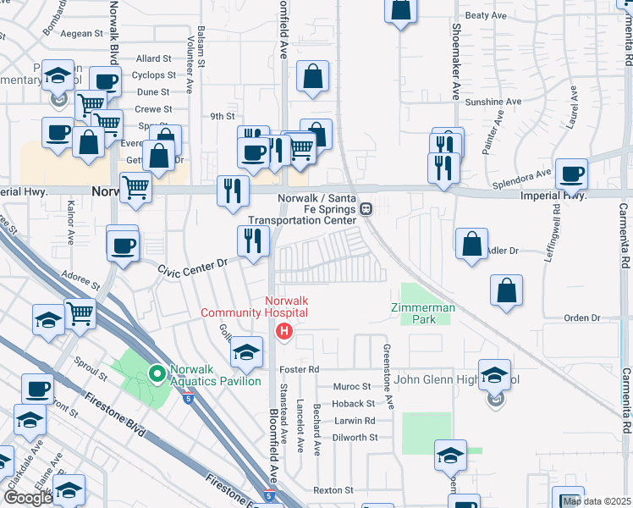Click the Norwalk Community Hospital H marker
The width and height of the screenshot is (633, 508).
coord(285,331)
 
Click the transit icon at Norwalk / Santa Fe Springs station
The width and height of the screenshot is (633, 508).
coord(366,209)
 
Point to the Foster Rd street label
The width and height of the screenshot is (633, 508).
coord(301,370)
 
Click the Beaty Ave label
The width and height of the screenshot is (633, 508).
coord(486,15)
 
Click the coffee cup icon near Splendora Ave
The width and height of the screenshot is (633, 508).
coord(572,175)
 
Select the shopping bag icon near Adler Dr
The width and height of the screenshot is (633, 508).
coord(471,244)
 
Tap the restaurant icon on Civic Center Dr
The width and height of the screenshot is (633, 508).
coord(252,241)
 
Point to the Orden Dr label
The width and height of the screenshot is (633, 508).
coord(581,318)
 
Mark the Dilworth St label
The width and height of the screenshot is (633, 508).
coord(355,438)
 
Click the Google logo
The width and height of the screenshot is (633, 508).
coord(28,498)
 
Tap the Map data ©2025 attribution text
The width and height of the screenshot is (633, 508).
coord(597,501)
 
